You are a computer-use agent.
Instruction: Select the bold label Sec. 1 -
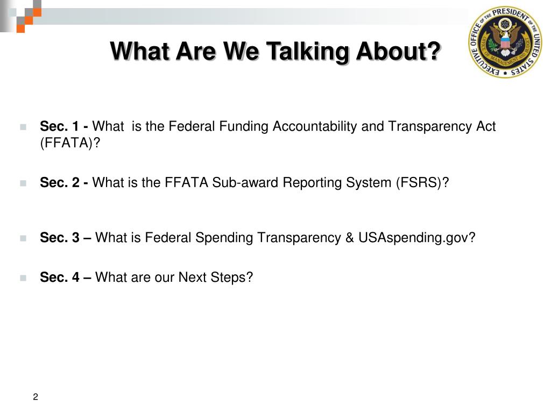pos(65,126)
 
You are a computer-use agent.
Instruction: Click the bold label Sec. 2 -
pos(65,183)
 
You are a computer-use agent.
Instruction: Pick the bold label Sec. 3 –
pos(66,237)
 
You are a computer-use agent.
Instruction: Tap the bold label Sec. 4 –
pos(66,277)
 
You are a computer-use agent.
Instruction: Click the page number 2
pos(36,397)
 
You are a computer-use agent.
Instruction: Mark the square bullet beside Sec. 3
pos(23,238)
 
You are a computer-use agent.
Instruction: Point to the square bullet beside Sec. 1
pos(23,127)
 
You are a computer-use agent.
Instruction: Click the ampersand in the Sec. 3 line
pos(351,237)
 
